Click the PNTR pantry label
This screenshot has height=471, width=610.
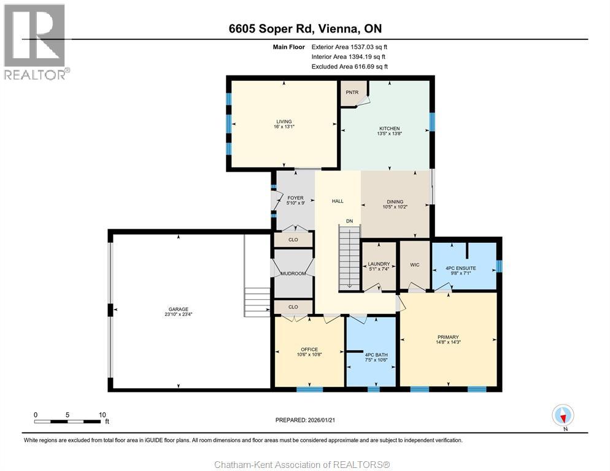pos(352,92)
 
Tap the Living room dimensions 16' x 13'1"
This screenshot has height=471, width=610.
pos(284,127)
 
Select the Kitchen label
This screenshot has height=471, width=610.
pos(390,128)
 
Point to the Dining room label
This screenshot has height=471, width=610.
pos(395,202)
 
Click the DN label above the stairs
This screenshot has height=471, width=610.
pos(349,221)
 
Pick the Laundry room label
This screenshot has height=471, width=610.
pos(379,264)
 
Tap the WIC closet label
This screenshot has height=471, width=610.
pos(415,265)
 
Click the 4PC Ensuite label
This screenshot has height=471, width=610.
pos(461,268)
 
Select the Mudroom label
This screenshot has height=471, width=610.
pos(293,274)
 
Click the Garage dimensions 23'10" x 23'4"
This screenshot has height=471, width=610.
pos(179,314)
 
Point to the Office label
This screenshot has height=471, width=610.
pos(309,349)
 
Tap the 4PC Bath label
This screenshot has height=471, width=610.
pos(376,354)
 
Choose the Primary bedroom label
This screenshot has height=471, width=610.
pos(448,337)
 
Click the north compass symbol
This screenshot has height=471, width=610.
pos(563,415)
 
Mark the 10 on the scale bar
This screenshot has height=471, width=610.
pos(102,415)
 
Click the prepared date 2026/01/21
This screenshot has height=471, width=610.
pos(322,420)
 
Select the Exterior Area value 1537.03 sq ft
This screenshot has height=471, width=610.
pos(369,47)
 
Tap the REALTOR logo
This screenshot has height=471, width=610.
pos(36,42)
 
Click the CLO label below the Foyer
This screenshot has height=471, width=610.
pos(293,240)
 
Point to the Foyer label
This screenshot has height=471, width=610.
pos(295,198)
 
